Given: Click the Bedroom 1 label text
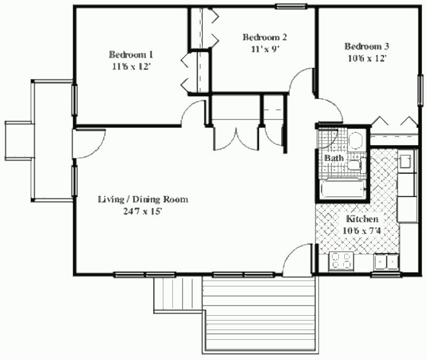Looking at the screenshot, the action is [131, 55].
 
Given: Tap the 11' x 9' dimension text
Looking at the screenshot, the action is [265, 49].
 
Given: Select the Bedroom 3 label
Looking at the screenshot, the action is [367, 46].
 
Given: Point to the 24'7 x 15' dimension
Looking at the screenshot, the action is [143, 211].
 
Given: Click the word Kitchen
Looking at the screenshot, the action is [362, 219].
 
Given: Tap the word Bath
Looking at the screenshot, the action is [334, 158].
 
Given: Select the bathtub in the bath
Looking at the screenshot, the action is [343, 189].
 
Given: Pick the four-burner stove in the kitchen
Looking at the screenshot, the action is [341, 262].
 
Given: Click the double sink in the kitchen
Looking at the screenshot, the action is [386, 262].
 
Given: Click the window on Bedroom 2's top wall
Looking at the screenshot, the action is [291, 6].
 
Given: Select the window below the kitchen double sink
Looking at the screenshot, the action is [386, 275].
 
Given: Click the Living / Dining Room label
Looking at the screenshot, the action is [143, 199].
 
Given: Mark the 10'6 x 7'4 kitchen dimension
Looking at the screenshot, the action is [362, 231].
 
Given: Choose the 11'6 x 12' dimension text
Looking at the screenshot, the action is [131, 67].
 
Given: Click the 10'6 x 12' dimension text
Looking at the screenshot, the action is [367, 58].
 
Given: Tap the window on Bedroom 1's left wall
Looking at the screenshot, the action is [74, 100].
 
